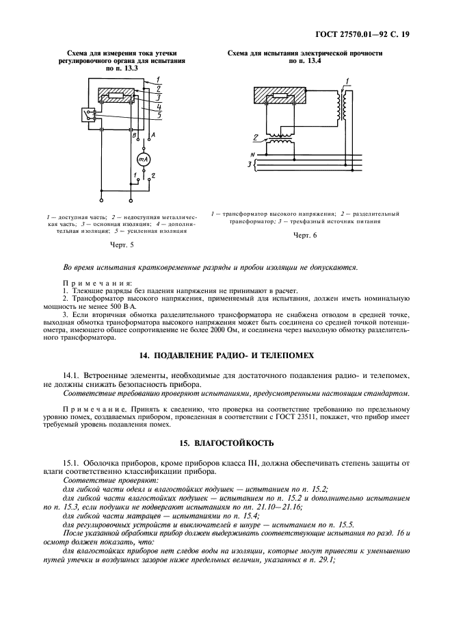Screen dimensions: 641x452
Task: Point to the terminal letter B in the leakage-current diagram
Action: point(135,136)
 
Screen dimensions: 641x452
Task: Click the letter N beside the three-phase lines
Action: point(253,155)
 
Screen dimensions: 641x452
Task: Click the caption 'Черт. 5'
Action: point(121,244)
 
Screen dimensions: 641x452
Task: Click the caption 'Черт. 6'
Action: point(305,235)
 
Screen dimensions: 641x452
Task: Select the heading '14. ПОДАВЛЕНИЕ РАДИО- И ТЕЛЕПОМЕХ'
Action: point(226,355)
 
